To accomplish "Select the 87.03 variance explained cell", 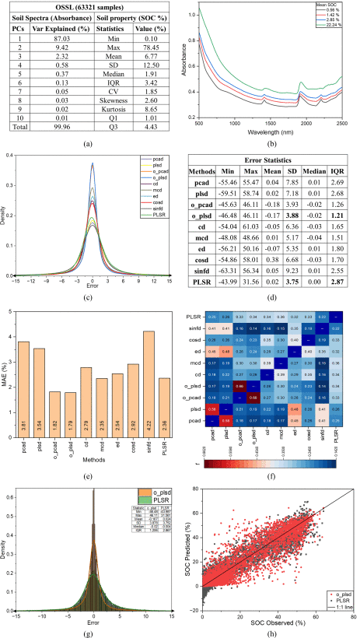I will coord(54,37).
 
